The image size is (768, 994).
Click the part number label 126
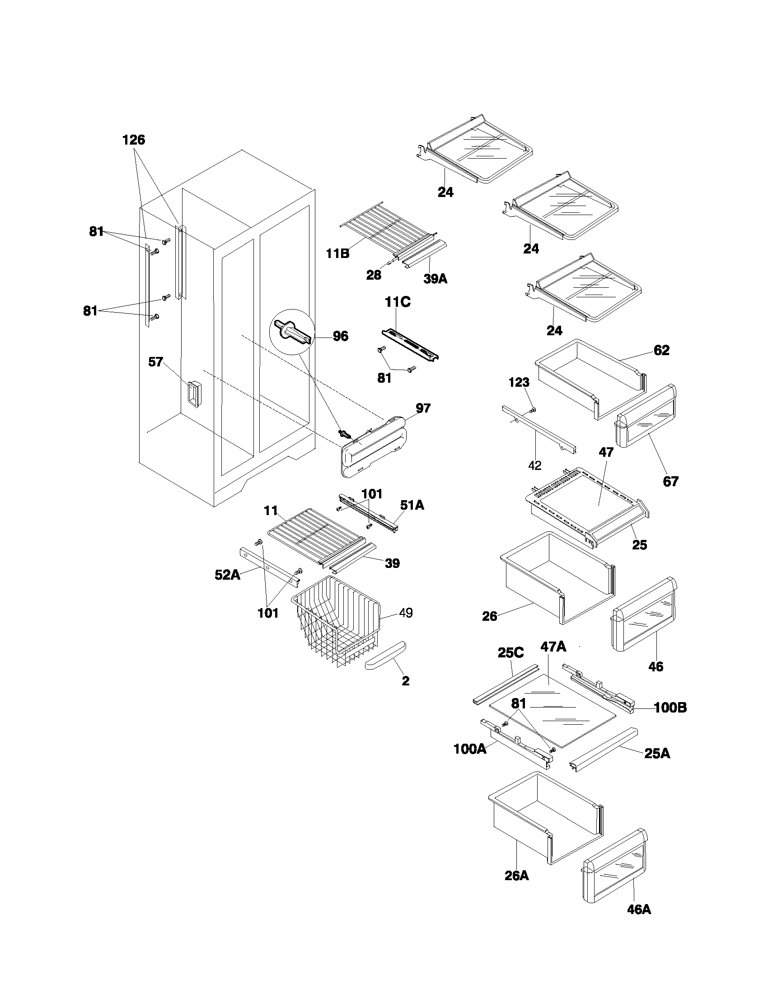[x=133, y=140]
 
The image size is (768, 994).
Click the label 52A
[x=227, y=575]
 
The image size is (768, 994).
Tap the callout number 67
[x=670, y=481]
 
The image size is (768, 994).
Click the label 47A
[x=553, y=647]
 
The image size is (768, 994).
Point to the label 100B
[x=670, y=707]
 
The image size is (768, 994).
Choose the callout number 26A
[x=516, y=875]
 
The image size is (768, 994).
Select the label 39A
[x=435, y=278]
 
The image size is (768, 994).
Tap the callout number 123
[x=519, y=382]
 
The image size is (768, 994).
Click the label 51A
[x=412, y=505]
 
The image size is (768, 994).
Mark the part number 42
[x=535, y=465]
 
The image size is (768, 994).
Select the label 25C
[x=510, y=653]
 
